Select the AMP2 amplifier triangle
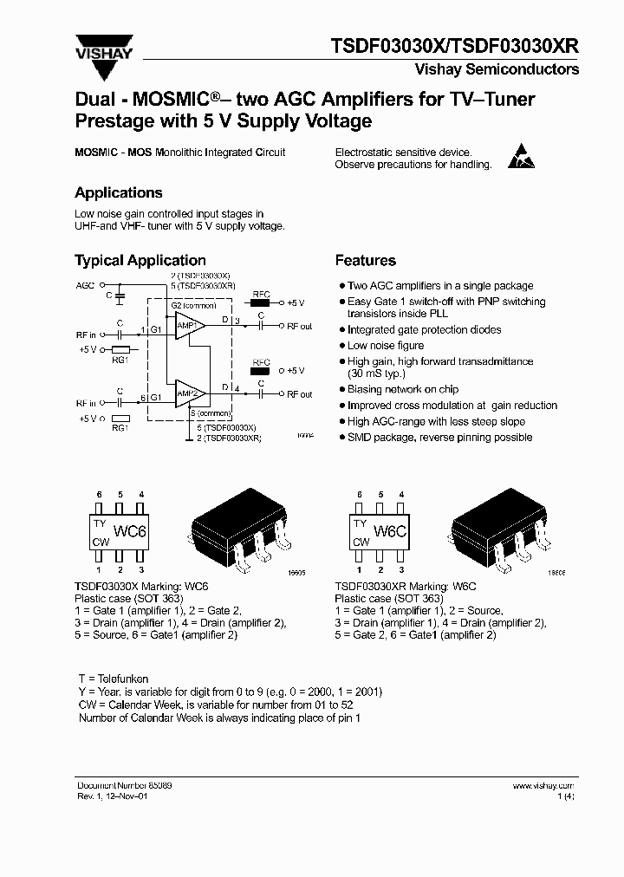click(x=187, y=394)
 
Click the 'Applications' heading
click(x=118, y=193)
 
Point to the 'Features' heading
click(x=365, y=261)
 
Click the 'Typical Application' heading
click(x=140, y=261)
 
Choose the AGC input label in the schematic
click(x=85, y=284)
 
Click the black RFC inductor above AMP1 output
click(x=260, y=302)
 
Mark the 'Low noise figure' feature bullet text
click(x=386, y=346)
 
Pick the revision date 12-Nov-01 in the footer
click(x=125, y=796)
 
